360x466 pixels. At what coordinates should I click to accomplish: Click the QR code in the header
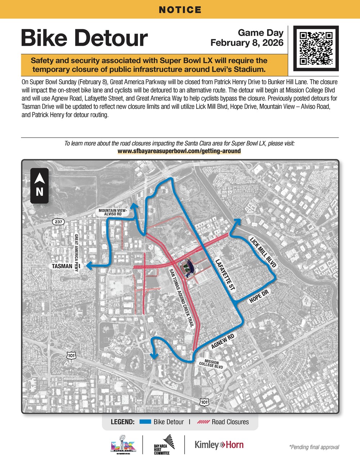coord(316,48)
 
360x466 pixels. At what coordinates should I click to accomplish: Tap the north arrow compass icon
coord(40,185)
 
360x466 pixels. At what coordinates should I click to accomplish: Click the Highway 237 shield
coord(58,222)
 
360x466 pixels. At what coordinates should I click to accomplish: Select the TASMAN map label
coord(62,266)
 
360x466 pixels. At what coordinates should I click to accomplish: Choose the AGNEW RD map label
coord(223,341)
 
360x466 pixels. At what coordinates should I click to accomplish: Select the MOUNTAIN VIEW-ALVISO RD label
coord(113,212)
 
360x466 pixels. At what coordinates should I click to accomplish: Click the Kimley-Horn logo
coord(219,445)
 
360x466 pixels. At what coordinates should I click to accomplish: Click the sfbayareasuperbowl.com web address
coord(179,151)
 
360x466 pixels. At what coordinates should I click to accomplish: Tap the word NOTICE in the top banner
coord(180,10)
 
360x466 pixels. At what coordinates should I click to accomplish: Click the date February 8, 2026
coord(247,43)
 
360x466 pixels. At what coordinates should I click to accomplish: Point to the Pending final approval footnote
coord(314,447)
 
